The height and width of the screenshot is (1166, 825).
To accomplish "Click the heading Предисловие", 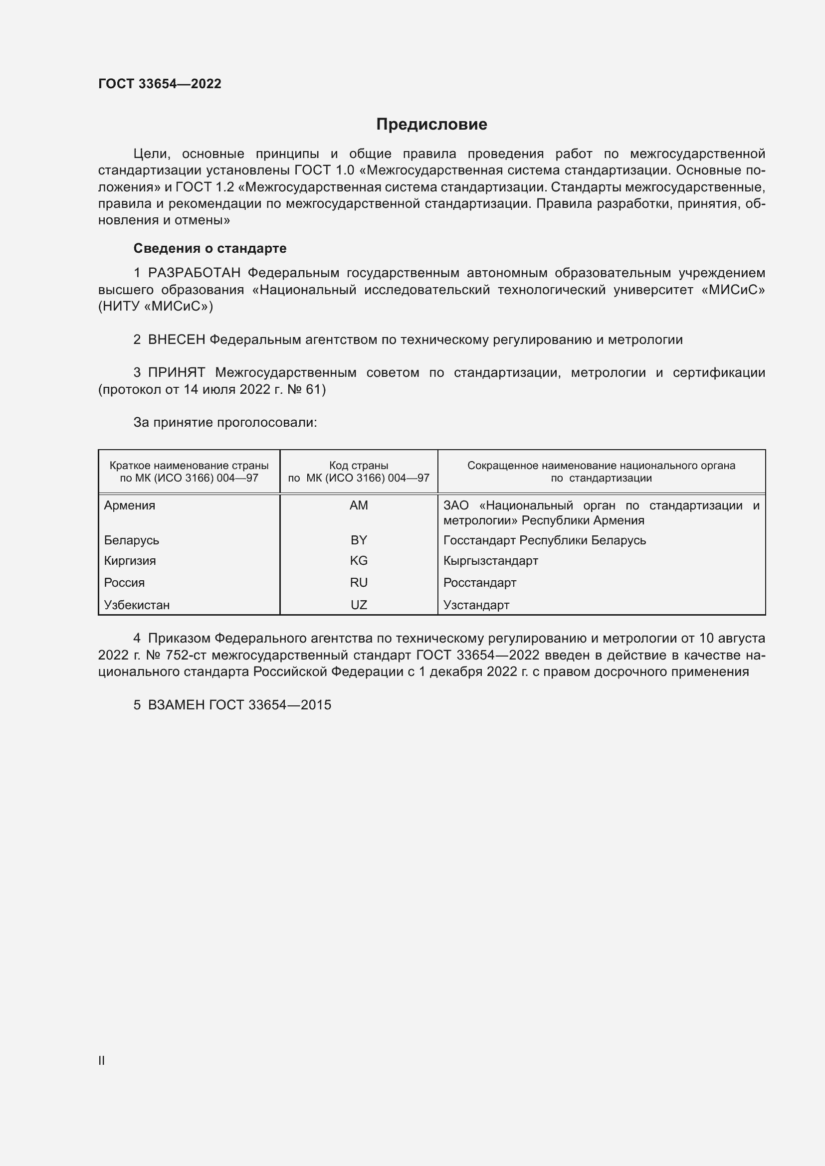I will [431, 125].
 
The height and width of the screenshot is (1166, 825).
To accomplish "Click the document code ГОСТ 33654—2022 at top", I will [160, 84].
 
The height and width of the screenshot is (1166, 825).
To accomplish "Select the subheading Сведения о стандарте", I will [210, 248].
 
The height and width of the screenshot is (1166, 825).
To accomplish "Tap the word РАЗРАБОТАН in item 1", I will [194, 273].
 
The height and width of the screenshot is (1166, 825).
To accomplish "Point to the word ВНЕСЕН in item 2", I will [176, 340].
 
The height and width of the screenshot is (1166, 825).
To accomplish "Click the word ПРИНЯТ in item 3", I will [176, 373].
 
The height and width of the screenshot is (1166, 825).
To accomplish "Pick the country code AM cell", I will [359, 505].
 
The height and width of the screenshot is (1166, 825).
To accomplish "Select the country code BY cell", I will [359, 540].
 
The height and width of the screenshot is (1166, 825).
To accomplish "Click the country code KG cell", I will [359, 561].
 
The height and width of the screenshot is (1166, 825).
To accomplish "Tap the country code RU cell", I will [359, 582].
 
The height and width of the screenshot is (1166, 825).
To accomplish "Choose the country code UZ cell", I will [359, 605].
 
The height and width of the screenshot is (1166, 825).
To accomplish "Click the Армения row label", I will [130, 505].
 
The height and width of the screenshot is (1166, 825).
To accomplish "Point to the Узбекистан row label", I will [137, 605].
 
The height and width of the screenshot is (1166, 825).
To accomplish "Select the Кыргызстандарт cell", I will [490, 561].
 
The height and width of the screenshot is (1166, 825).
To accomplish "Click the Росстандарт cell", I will [479, 582].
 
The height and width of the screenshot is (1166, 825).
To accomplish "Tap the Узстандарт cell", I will [476, 605].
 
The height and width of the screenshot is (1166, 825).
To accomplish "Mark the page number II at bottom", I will [102, 1060].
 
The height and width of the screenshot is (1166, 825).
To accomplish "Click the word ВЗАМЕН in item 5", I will [176, 705].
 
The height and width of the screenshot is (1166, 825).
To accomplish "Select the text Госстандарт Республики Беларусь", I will [545, 540].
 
